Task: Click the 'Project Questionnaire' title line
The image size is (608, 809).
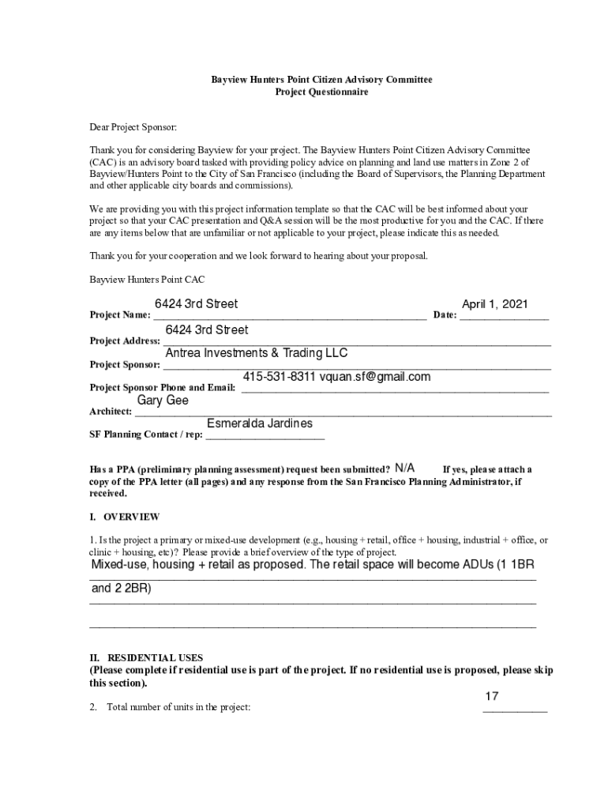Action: (321, 92)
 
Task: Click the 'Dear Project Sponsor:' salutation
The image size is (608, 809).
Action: (133, 126)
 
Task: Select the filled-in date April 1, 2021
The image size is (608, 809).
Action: (494, 304)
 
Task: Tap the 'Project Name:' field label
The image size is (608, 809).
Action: (120, 315)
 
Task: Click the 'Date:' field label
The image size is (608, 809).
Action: (445, 315)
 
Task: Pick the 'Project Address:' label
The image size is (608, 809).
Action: (125, 341)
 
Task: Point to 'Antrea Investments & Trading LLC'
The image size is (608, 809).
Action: (256, 353)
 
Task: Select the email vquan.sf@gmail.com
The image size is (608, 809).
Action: (375, 377)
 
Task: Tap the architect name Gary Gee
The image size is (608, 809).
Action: (163, 401)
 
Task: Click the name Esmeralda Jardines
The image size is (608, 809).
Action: (259, 423)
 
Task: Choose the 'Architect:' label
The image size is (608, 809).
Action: (111, 412)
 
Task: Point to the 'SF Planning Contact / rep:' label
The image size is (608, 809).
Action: (146, 435)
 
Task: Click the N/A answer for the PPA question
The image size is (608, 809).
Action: (405, 468)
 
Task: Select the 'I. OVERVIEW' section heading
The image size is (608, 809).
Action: (125, 517)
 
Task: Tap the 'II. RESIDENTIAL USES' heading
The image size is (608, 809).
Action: (146, 657)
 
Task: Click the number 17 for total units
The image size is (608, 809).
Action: (491, 696)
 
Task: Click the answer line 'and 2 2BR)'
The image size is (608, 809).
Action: (122, 589)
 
